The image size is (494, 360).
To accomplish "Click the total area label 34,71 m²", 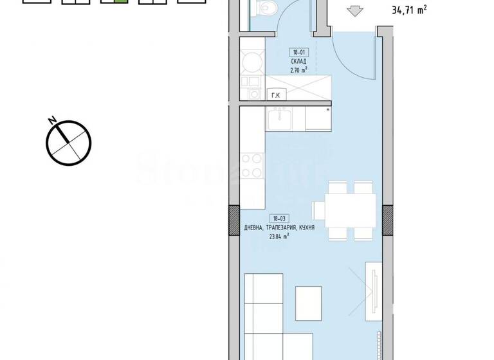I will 410,10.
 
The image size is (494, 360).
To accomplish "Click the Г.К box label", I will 276,95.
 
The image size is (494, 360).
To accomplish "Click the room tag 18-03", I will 279,220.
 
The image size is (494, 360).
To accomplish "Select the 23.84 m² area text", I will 279,236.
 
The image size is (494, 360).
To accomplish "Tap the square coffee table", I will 308,300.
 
